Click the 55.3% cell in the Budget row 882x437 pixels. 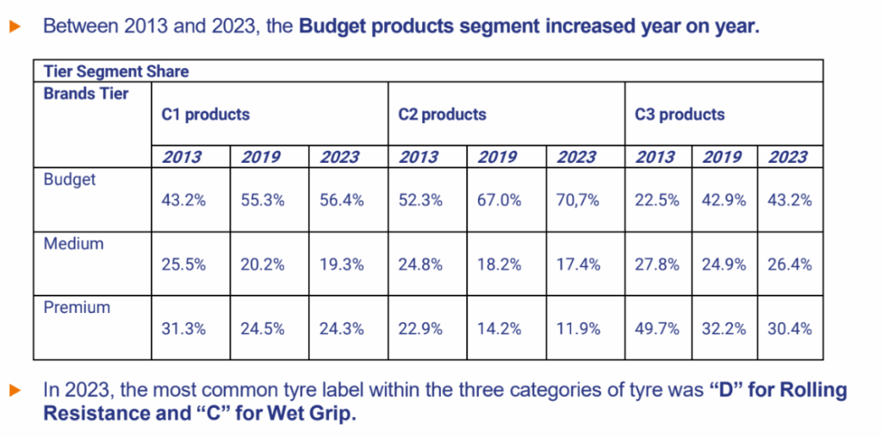tap(262, 200)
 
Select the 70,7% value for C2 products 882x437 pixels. tap(577, 200)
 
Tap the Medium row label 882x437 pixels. tap(74, 244)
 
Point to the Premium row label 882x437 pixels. tap(78, 307)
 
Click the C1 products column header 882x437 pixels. tap(206, 114)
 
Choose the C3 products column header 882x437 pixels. tap(680, 114)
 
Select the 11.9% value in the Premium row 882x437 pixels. tap(577, 328)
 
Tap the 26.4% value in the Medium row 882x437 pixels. tap(789, 265)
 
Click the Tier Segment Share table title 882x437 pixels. tap(116, 72)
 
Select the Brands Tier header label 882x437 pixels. tap(86, 93)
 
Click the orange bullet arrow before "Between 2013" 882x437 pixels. tap(15, 27)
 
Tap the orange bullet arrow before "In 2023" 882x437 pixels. tap(15, 391)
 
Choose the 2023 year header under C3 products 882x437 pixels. tap(787, 157)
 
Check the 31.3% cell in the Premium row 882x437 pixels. tap(183, 328)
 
